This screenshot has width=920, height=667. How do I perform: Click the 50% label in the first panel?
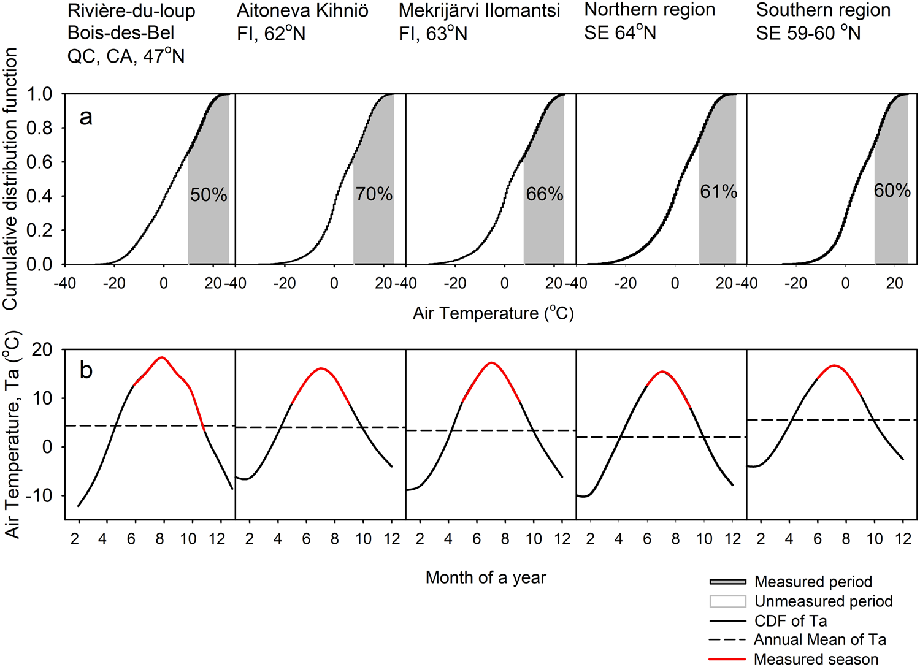click(x=209, y=195)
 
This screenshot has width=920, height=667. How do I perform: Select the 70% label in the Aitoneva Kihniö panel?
click(x=374, y=194)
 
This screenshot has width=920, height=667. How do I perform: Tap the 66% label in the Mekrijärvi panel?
click(x=544, y=194)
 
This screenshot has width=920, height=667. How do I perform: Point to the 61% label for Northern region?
click(x=718, y=192)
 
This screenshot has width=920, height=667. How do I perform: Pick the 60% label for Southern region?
click(x=892, y=191)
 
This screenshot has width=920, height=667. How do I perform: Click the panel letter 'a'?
click(x=86, y=116)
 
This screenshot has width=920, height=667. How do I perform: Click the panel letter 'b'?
click(x=86, y=370)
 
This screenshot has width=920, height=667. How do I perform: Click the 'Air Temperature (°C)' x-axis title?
click(x=493, y=313)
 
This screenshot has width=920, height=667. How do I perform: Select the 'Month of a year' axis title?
click(x=486, y=577)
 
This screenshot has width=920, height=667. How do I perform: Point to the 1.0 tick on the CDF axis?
click(x=40, y=94)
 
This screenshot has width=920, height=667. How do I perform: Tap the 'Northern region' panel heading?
click(x=650, y=10)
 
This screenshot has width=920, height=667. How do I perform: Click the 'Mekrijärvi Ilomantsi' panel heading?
click(x=479, y=10)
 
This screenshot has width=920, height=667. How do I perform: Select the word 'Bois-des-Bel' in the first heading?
click(x=121, y=33)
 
